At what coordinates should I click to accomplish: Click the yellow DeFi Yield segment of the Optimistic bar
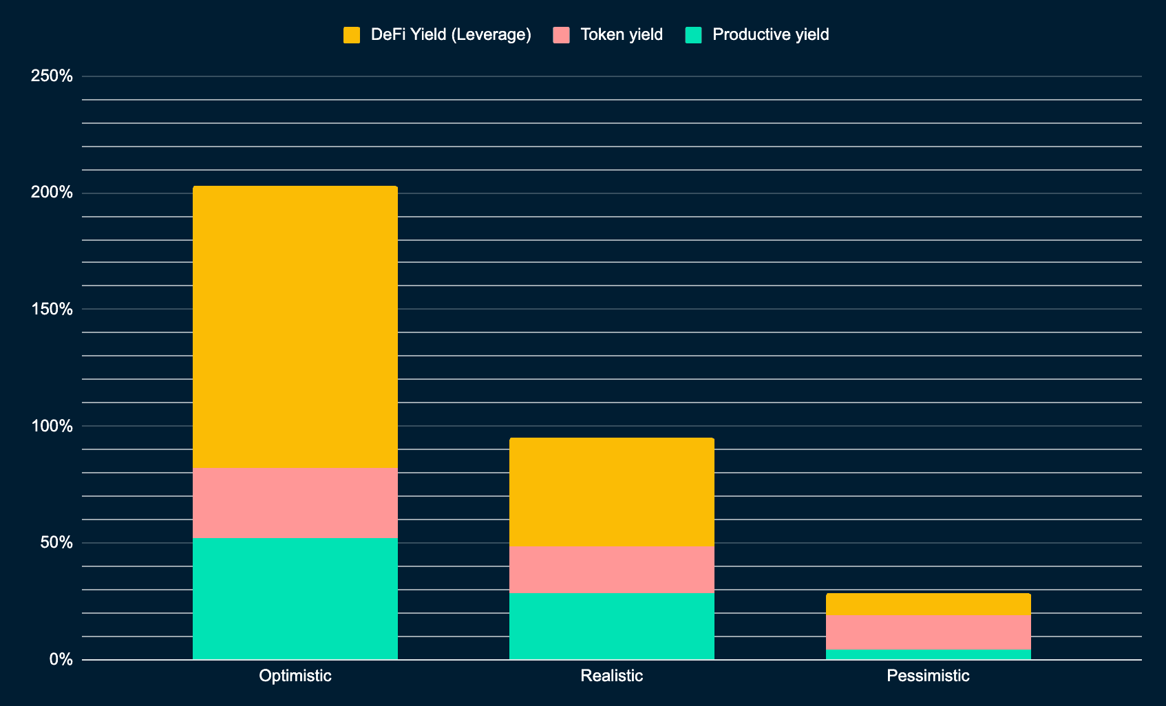pyautogui.click(x=295, y=327)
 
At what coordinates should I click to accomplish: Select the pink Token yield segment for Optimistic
pyautogui.click(x=295, y=502)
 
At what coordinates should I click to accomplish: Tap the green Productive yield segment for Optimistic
pyautogui.click(x=295, y=598)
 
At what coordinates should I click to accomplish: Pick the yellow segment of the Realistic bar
pyautogui.click(x=611, y=491)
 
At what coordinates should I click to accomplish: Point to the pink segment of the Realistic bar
pyautogui.click(x=611, y=569)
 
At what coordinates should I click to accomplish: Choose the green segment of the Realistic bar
pyautogui.click(x=611, y=625)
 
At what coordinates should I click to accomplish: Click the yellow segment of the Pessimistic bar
pyautogui.click(x=928, y=603)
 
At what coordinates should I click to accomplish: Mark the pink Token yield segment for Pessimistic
pyautogui.click(x=928, y=632)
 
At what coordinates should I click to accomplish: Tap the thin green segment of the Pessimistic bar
pyautogui.click(x=928, y=654)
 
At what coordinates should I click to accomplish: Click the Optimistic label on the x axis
pyautogui.click(x=295, y=676)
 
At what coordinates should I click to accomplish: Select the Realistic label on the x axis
pyautogui.click(x=611, y=676)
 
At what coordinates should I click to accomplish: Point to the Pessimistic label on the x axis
pyautogui.click(x=928, y=676)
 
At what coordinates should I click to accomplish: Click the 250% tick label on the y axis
pyautogui.click(x=52, y=76)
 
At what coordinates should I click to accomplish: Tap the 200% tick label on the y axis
pyautogui.click(x=52, y=193)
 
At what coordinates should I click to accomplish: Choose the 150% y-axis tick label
pyautogui.click(x=52, y=309)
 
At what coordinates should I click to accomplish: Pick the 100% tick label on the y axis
pyautogui.click(x=52, y=426)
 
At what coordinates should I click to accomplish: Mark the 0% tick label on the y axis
pyautogui.click(x=61, y=659)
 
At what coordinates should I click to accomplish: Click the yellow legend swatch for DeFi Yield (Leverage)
pyautogui.click(x=352, y=35)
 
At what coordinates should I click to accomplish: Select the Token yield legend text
pyautogui.click(x=621, y=34)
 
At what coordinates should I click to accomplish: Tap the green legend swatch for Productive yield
pyautogui.click(x=694, y=35)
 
